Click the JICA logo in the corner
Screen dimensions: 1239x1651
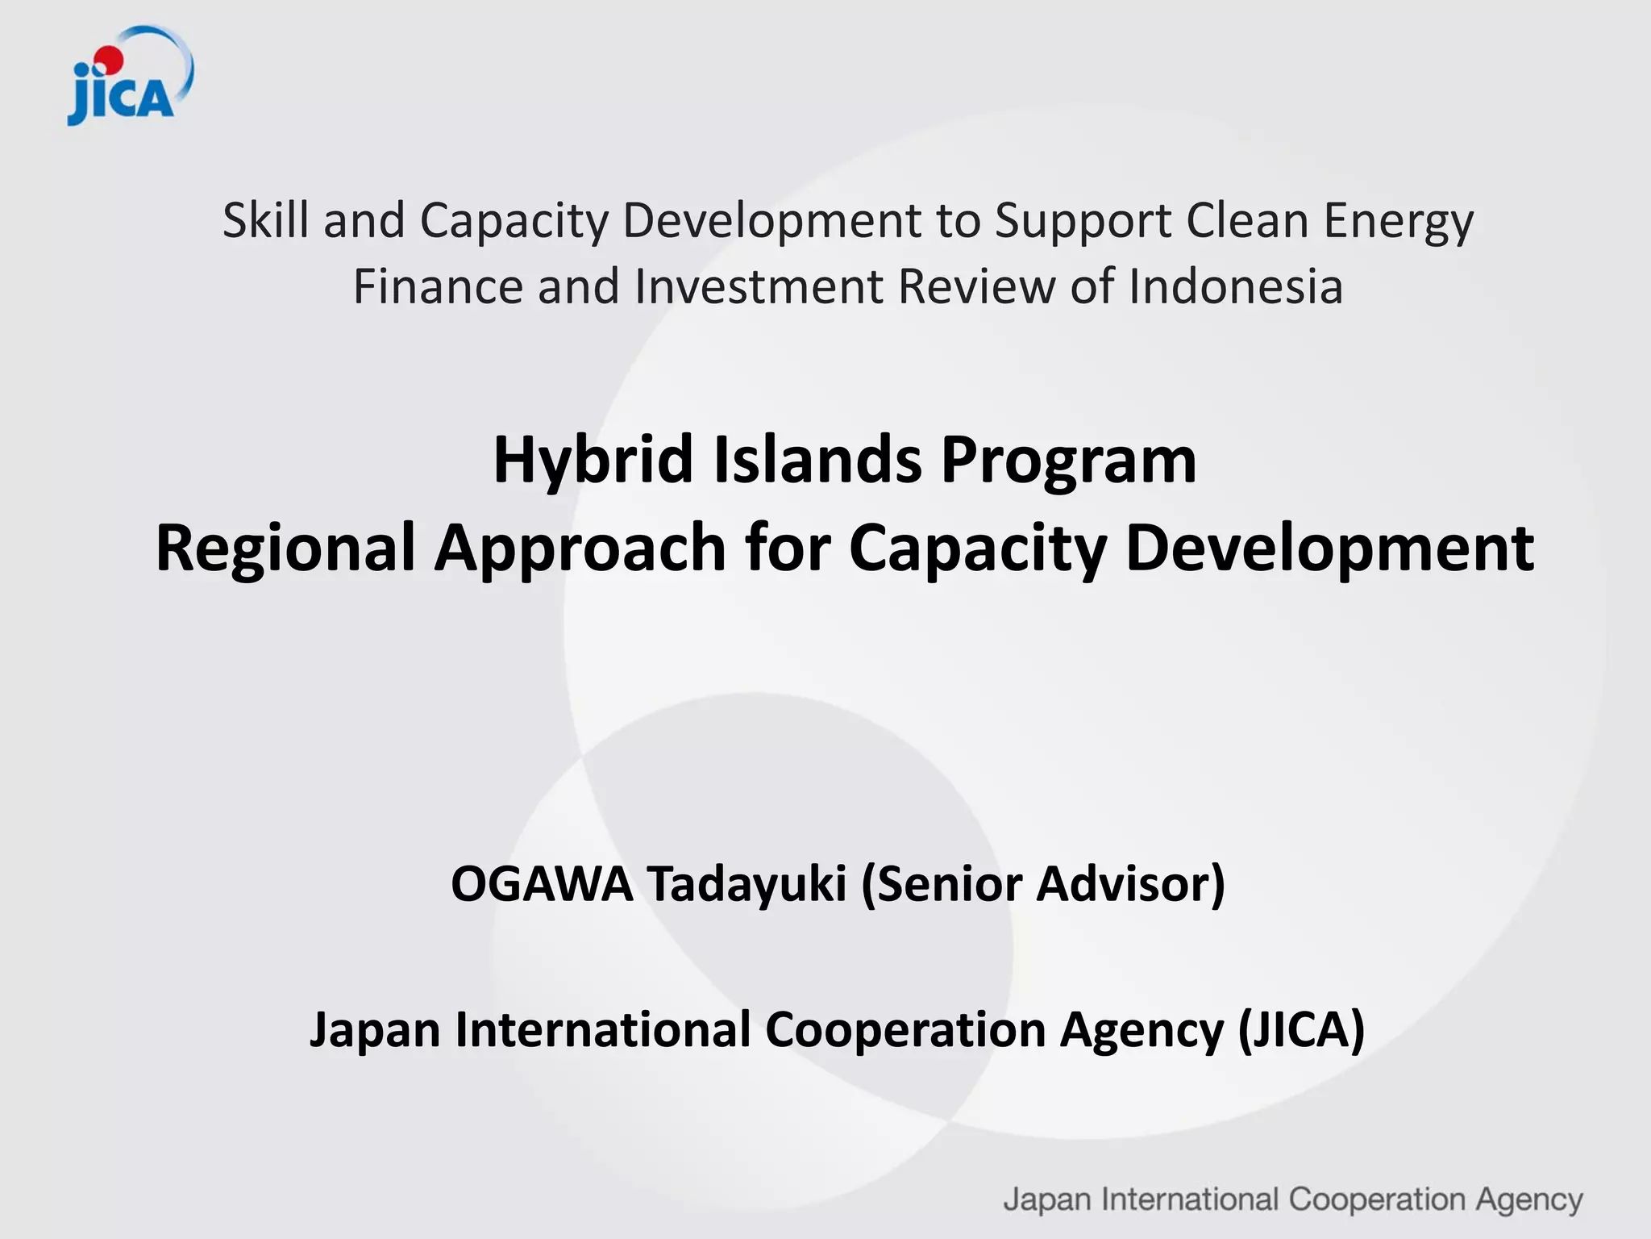pyautogui.click(x=129, y=77)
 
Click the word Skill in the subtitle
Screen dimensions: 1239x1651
pyautogui.click(x=265, y=220)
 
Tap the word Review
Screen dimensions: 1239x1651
pyautogui.click(x=976, y=287)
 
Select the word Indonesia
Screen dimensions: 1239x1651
pyautogui.click(x=1236, y=287)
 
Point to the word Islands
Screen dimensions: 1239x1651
pyautogui.click(x=817, y=460)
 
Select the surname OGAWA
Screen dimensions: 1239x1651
pyautogui.click(x=542, y=884)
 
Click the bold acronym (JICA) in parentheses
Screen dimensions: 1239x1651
pyautogui.click(x=1300, y=1031)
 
